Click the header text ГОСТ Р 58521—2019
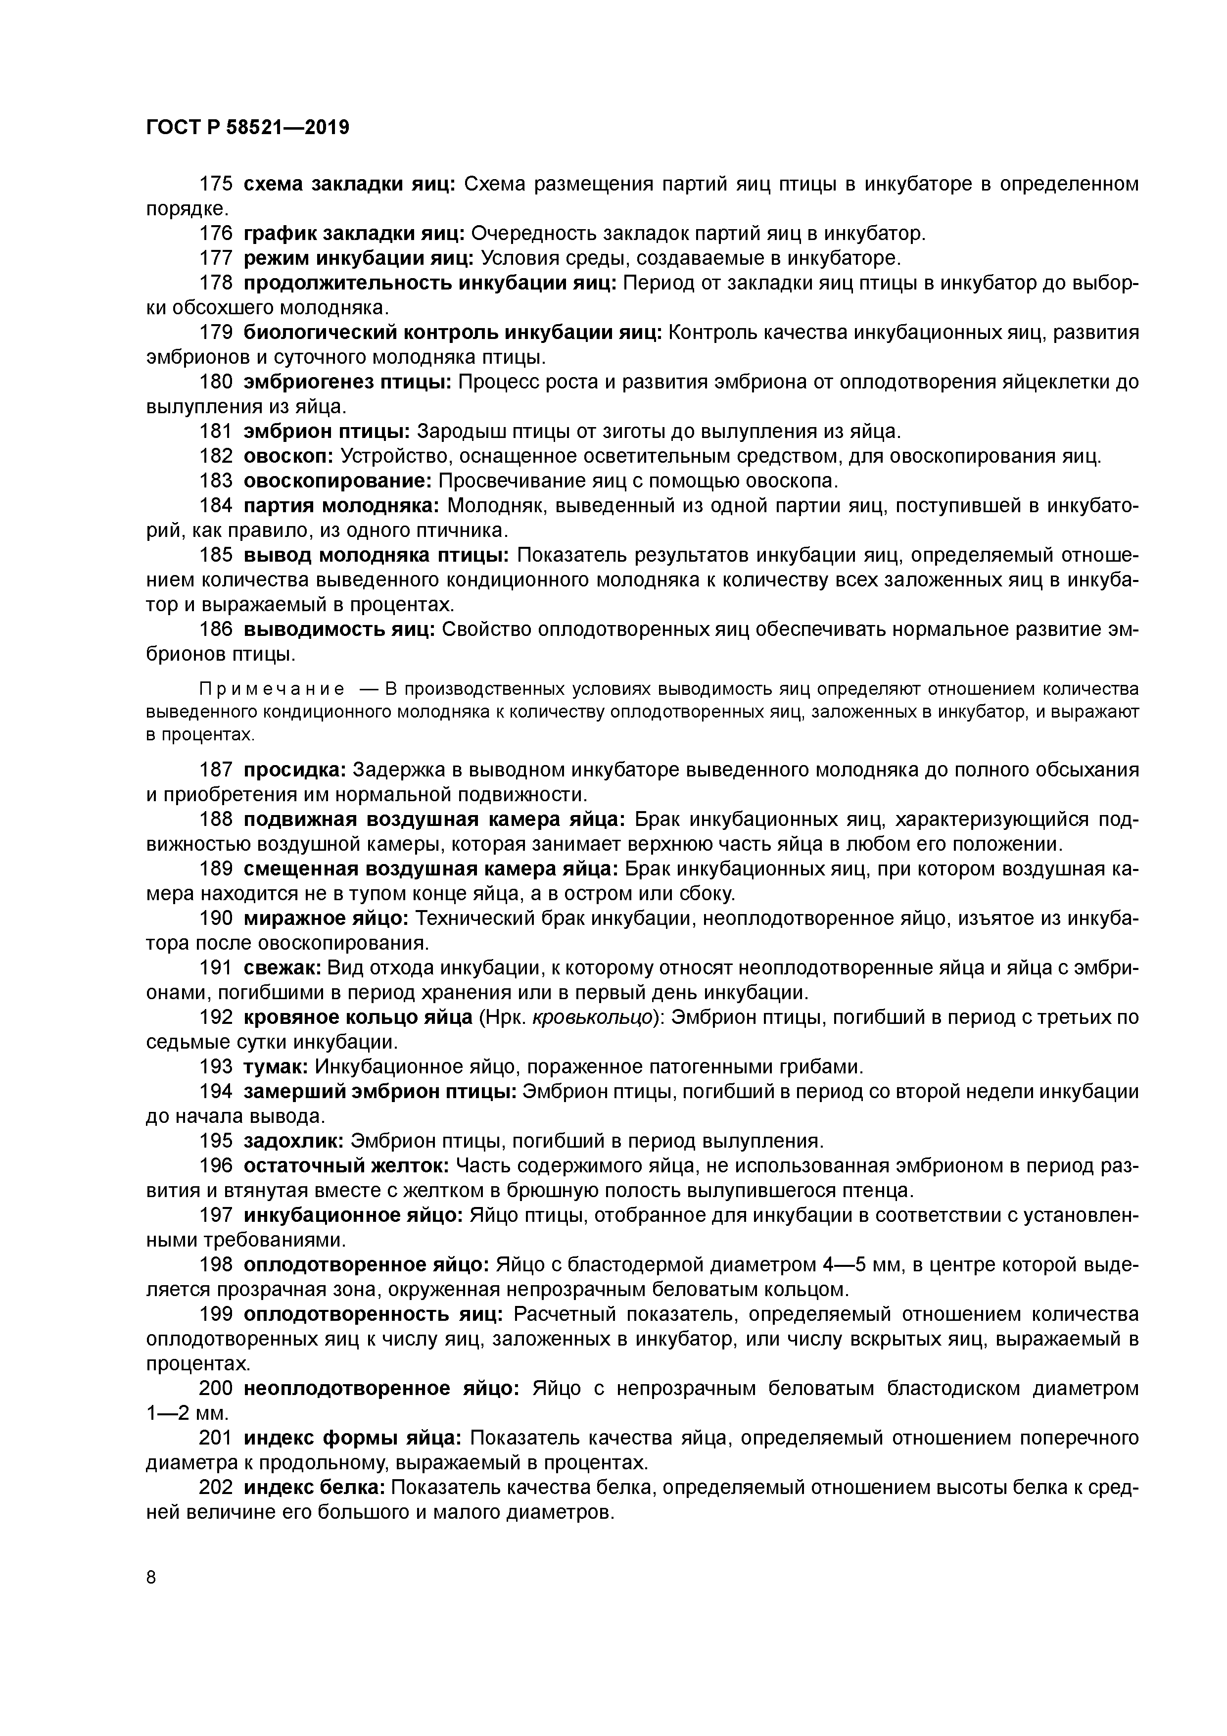(x=247, y=127)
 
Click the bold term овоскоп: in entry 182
(x=289, y=456)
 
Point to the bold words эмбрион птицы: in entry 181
(x=327, y=431)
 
